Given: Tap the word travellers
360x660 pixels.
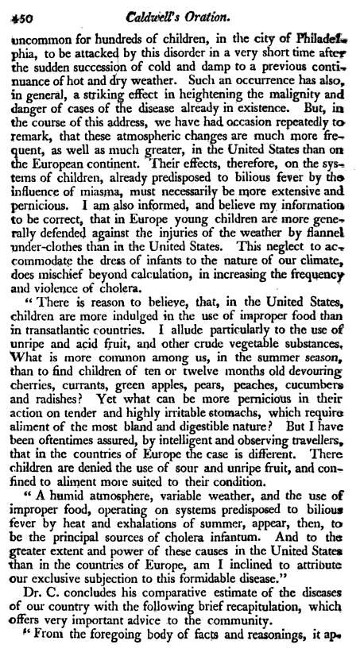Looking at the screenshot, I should tap(316, 446).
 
